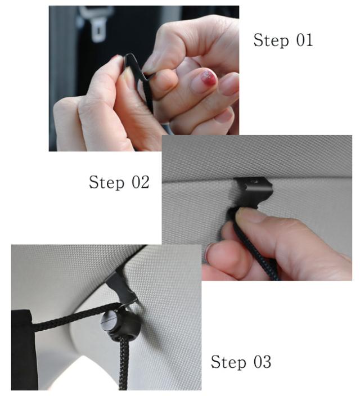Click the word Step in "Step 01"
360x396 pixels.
click(271, 40)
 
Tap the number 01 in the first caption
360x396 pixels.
click(304, 40)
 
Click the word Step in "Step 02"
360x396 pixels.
click(107, 182)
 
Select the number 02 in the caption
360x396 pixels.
click(141, 182)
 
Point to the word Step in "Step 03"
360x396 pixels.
click(228, 362)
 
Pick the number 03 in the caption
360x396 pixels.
click(263, 361)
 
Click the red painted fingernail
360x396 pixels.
click(209, 78)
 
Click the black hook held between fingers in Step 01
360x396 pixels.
click(138, 76)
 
